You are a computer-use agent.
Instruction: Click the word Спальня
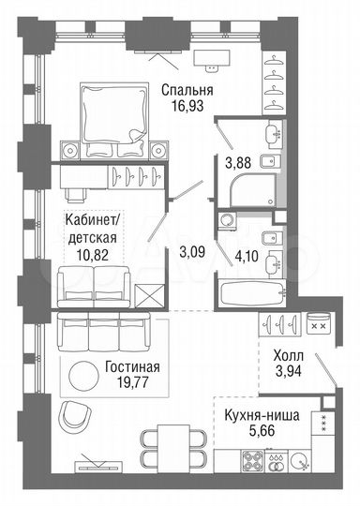click(x=187, y=90)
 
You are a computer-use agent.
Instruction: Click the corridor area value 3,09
click(x=192, y=252)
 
